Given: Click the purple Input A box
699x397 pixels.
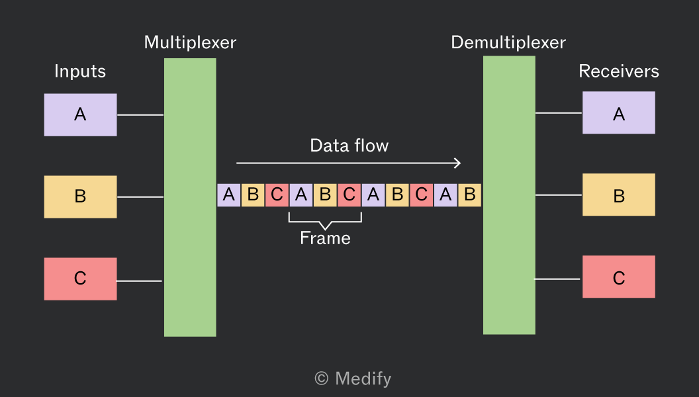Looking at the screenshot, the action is pyautogui.click(x=80, y=114).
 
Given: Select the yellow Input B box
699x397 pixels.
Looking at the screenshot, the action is pyautogui.click(x=80, y=197).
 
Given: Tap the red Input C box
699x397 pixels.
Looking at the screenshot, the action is pyautogui.click(x=80, y=279).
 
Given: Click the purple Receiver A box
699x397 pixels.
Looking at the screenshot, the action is pyautogui.click(x=619, y=112).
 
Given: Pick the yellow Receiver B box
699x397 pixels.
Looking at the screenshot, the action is pyautogui.click(x=619, y=195).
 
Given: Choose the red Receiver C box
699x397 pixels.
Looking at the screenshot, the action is pyautogui.click(x=619, y=277).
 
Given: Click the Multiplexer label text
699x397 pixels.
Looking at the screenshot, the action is pyautogui.click(x=190, y=43).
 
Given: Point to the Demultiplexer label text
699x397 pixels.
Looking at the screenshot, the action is pyautogui.click(x=508, y=43).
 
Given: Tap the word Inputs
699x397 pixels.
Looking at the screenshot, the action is pyautogui.click(x=80, y=71).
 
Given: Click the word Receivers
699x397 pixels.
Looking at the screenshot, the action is pyautogui.click(x=619, y=71).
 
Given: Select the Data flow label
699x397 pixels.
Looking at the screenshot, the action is pyautogui.click(x=349, y=146).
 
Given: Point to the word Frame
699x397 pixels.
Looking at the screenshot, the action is pyautogui.click(x=325, y=238).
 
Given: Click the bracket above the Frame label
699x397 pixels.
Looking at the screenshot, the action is pyautogui.click(x=325, y=222).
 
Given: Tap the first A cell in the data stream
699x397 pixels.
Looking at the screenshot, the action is pyautogui.click(x=228, y=195).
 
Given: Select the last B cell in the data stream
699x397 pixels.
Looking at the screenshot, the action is pyautogui.click(x=469, y=195).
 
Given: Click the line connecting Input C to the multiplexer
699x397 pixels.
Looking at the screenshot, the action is pyautogui.click(x=139, y=281).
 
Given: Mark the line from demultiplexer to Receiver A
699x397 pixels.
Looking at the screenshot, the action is pyautogui.click(x=559, y=112).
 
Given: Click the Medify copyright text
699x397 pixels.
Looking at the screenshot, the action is pyautogui.click(x=353, y=378).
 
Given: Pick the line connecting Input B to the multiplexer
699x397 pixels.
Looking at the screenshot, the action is pyautogui.click(x=140, y=197).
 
